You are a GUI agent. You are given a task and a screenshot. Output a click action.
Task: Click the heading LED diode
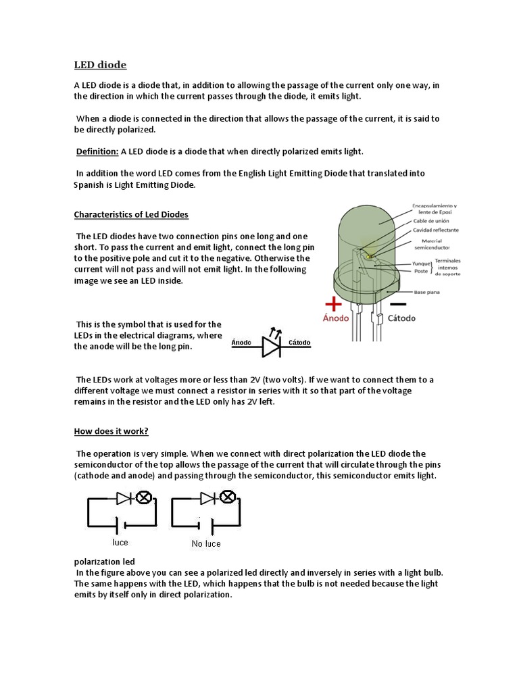(100, 65)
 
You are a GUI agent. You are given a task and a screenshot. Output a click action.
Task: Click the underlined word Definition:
(96, 151)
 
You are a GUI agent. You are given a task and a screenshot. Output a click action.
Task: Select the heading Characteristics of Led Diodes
(131, 215)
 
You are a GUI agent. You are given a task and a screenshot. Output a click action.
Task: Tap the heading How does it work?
(110, 430)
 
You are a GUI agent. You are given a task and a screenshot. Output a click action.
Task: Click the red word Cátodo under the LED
(399, 318)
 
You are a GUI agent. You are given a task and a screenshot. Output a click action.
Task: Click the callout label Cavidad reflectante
(437, 230)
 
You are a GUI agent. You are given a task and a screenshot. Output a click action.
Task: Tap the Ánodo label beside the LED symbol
(241, 343)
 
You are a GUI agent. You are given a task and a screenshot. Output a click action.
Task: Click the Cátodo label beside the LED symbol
(299, 343)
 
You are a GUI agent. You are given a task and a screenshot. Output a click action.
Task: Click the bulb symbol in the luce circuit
(143, 498)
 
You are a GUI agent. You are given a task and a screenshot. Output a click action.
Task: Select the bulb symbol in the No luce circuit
(228, 498)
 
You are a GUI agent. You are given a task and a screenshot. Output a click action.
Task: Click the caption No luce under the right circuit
(205, 543)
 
